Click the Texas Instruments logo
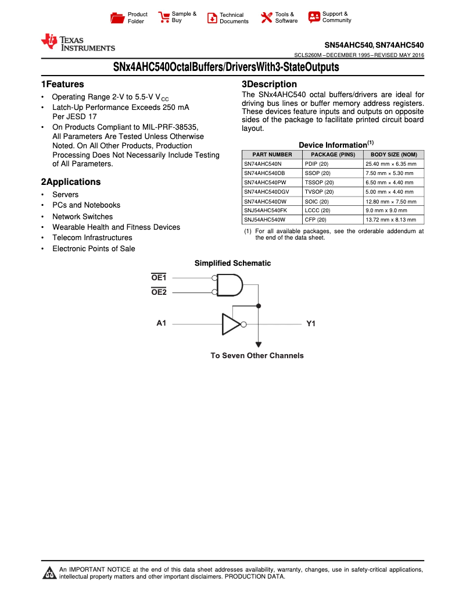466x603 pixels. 77,42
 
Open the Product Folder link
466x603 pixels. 137,17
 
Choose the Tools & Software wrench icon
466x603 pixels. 267,17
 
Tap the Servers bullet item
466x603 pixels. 65,195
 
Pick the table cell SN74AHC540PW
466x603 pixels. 265,183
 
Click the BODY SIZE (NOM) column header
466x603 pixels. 393,155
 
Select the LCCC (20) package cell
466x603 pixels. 317,210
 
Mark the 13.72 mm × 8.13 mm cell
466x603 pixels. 390,220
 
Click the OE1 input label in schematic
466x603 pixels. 159,277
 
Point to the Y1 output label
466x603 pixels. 311,324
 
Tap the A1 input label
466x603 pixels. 162,323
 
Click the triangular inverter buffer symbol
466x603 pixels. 231,324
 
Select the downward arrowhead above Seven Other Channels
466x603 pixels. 259,344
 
